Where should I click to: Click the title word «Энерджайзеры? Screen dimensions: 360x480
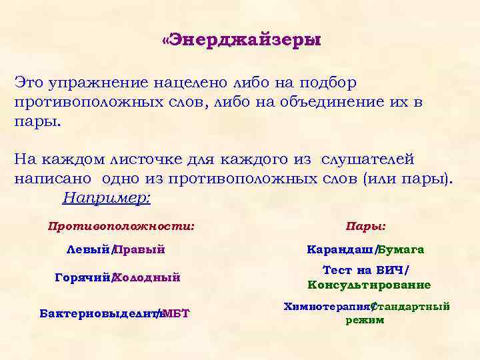tap(241, 41)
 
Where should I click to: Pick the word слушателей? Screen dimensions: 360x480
tap(367, 160)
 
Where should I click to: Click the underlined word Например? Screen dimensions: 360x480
tap(107, 198)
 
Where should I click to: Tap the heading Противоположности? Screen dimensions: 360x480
tap(121, 226)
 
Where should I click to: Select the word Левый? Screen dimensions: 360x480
tap(89, 250)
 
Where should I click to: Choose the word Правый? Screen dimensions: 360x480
tap(140, 250)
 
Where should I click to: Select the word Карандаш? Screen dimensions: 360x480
tap(341, 250)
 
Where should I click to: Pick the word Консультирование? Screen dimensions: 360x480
tap(369, 285)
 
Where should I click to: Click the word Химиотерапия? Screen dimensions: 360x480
tap(326, 307)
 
